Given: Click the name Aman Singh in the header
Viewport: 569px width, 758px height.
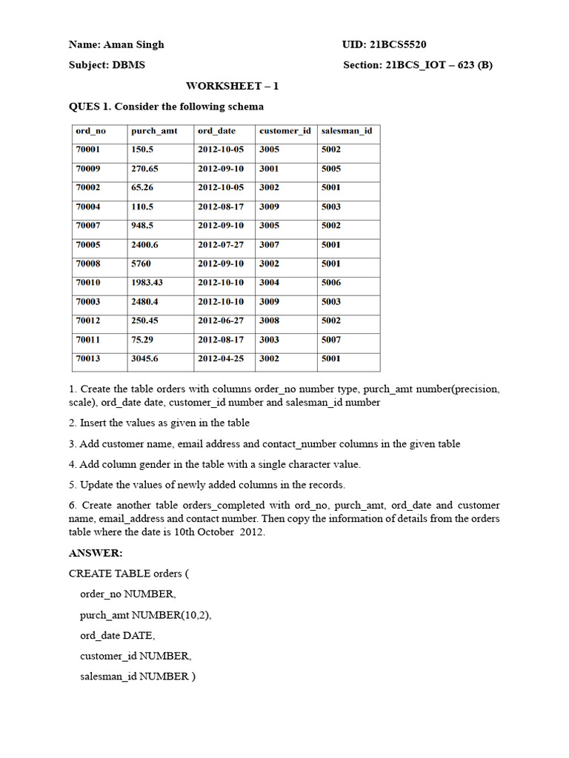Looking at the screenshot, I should [x=139, y=44].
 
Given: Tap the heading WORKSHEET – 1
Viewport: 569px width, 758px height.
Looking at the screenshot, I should [x=232, y=86].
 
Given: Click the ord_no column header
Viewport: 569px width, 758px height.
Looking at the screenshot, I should [x=90, y=131].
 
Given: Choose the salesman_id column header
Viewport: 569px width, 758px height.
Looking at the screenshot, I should [x=346, y=131].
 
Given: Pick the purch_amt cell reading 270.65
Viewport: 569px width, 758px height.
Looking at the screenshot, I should [x=145, y=169].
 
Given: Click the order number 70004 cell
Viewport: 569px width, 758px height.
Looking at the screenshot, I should [x=88, y=207].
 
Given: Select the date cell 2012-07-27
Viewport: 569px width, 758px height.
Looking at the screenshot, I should [x=220, y=244].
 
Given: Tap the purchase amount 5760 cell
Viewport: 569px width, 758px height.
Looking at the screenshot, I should [x=142, y=264].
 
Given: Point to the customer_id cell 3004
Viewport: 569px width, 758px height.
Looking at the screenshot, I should [x=269, y=283].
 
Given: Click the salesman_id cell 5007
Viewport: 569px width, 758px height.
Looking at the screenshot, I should [x=331, y=340].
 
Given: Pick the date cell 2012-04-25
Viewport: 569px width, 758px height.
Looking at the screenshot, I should [x=220, y=359].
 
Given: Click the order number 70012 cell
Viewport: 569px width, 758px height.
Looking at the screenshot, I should [x=88, y=321].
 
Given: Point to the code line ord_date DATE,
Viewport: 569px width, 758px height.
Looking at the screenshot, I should [x=118, y=635].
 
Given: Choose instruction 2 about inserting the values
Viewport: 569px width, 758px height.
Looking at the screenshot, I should [x=159, y=423].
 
